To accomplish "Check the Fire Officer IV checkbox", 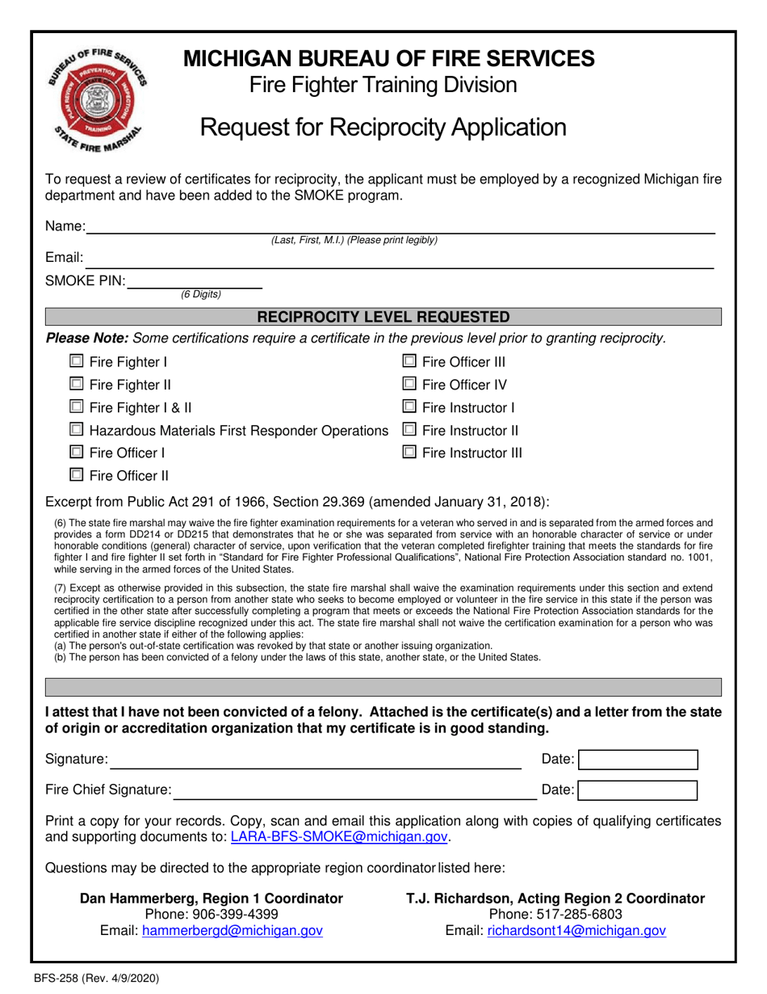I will click(x=409, y=385).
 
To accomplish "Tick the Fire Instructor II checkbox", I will click(x=409, y=431).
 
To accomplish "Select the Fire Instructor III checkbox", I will click(x=409, y=453).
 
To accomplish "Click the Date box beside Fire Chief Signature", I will click(x=638, y=790).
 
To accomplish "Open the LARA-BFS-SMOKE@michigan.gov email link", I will click(x=339, y=837).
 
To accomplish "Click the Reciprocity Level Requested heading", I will click(x=383, y=317).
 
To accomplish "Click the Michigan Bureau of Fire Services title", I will click(x=390, y=58).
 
